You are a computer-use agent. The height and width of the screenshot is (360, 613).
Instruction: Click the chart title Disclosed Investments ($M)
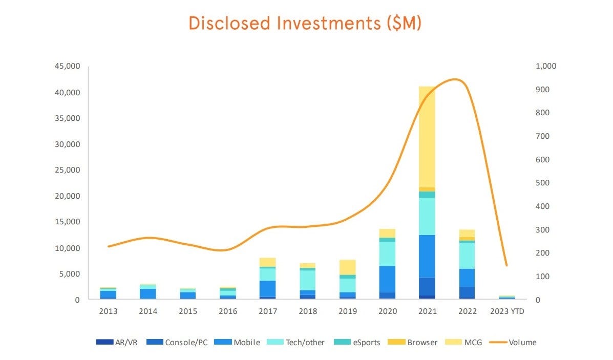pos(305,23)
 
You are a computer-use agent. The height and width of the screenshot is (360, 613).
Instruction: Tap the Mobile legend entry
pos(241,342)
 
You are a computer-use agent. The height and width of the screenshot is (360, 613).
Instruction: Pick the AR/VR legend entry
pos(117,342)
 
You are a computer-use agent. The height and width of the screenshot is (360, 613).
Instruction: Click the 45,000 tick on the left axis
pos(67,67)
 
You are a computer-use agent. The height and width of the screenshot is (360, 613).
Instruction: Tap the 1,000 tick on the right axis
pos(546,67)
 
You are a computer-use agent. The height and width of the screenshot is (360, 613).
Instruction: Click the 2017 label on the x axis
pos(267,311)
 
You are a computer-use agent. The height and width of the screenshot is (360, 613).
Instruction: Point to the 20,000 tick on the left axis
pos(67,196)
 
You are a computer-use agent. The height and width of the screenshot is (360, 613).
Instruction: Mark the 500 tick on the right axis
pos(543,183)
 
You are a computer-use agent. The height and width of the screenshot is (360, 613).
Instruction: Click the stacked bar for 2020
pos(387,266)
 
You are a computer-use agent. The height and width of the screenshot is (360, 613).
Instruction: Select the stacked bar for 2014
pos(148,292)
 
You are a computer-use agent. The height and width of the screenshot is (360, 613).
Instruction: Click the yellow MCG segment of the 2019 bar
pos(347,267)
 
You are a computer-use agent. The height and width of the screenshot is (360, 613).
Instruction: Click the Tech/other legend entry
pos(299,342)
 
